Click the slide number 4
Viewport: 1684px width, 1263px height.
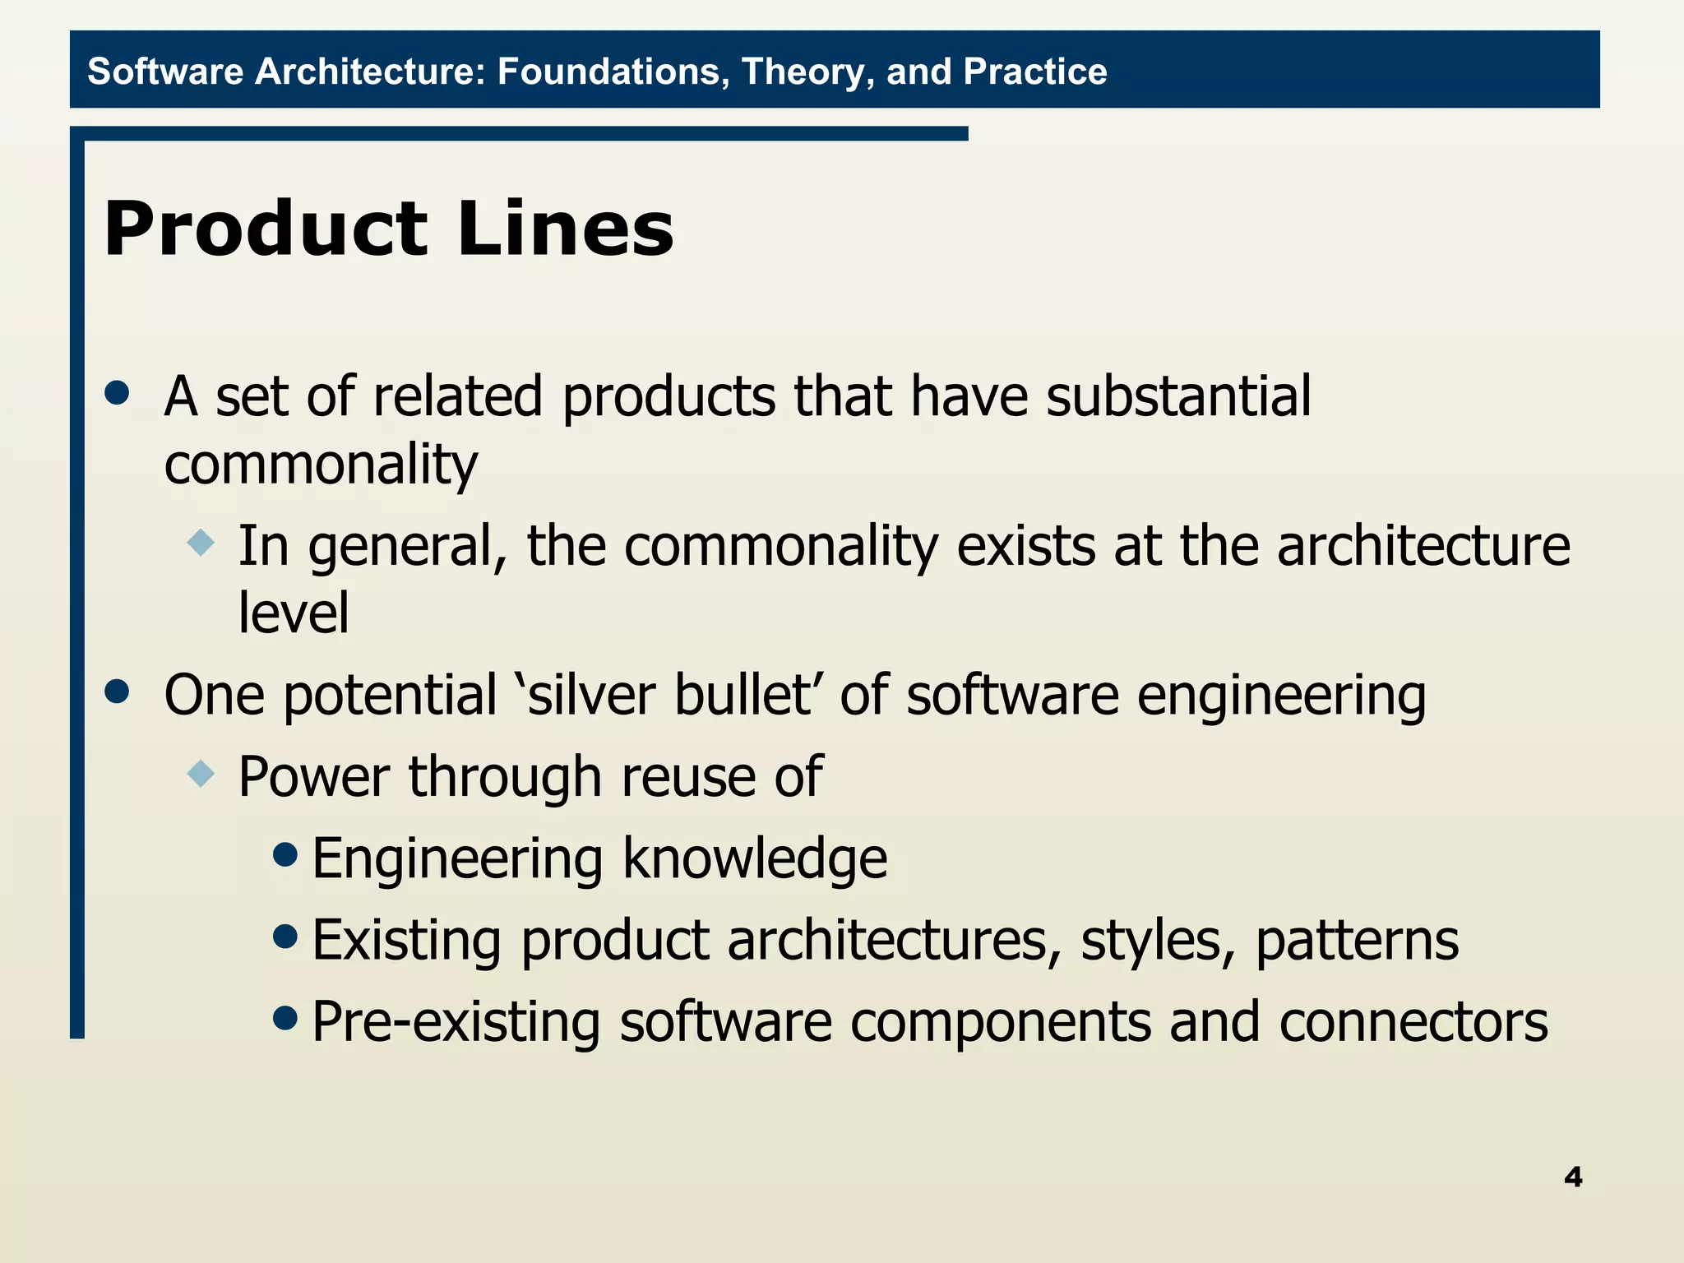pos(1573,1177)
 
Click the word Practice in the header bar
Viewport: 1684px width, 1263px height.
pos(1035,72)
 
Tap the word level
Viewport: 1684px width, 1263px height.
pos(294,613)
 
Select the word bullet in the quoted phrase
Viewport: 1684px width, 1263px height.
pos(743,695)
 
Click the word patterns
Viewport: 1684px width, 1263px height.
pos(1357,941)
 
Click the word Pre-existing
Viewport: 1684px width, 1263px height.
pos(456,1022)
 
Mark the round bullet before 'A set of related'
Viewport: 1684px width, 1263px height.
pos(118,392)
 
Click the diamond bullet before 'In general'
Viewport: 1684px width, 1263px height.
pos(201,543)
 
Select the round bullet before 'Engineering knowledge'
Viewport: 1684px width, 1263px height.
pos(285,855)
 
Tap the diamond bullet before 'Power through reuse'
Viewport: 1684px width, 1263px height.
pos(201,774)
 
